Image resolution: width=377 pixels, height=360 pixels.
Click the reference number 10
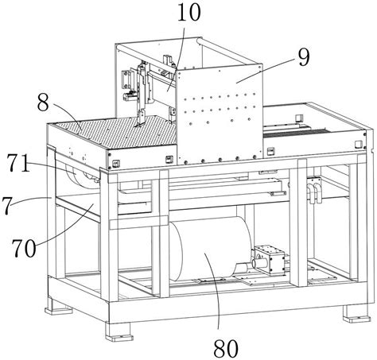(x=188, y=12)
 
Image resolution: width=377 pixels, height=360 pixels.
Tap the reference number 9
(x=304, y=58)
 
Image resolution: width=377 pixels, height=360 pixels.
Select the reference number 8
(x=43, y=103)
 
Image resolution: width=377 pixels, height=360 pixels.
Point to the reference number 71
(x=18, y=163)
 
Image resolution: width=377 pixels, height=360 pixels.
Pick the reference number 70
(x=23, y=248)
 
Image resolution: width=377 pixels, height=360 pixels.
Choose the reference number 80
(x=226, y=349)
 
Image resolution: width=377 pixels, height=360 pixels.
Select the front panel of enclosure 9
(x=220, y=114)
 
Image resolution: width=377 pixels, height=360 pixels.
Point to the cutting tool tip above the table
(x=138, y=125)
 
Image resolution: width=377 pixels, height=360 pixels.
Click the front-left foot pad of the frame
(x=119, y=337)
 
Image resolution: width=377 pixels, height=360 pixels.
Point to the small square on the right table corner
(x=359, y=145)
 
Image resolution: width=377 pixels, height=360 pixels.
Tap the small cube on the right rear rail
(x=299, y=118)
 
